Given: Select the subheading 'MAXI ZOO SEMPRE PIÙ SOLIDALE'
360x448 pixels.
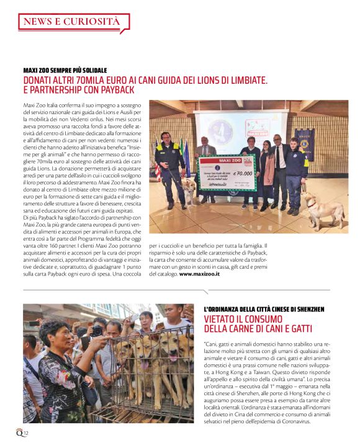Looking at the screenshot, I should click(x=65, y=70).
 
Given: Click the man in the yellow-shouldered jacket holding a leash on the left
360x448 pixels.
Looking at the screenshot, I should click(x=168, y=161).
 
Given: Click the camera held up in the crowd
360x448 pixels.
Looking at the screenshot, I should click(x=96, y=330).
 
